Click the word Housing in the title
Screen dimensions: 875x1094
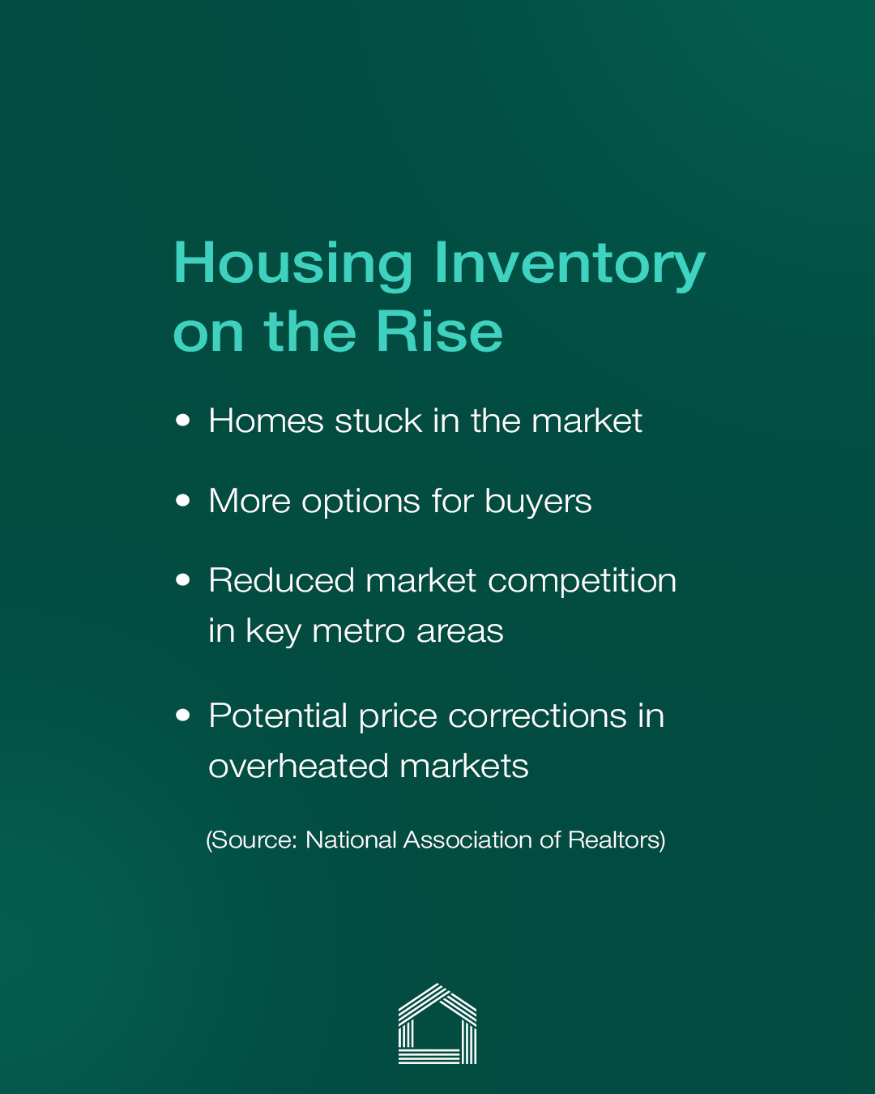point(292,265)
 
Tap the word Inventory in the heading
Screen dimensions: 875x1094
point(570,265)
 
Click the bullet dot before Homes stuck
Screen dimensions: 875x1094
point(182,421)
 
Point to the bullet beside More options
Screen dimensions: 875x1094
point(182,500)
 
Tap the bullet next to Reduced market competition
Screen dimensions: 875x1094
point(182,579)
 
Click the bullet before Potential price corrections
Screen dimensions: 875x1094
point(182,716)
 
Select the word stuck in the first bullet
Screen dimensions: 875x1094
point(378,421)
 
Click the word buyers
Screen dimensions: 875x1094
point(538,502)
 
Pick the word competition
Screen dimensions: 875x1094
point(583,581)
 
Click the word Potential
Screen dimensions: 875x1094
point(278,716)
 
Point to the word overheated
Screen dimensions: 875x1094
point(298,766)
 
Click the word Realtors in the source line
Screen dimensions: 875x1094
point(617,840)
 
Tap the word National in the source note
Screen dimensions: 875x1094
point(351,840)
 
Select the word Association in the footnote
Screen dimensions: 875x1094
point(467,840)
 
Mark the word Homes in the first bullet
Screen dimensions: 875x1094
point(267,421)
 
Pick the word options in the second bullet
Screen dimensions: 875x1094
point(361,502)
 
